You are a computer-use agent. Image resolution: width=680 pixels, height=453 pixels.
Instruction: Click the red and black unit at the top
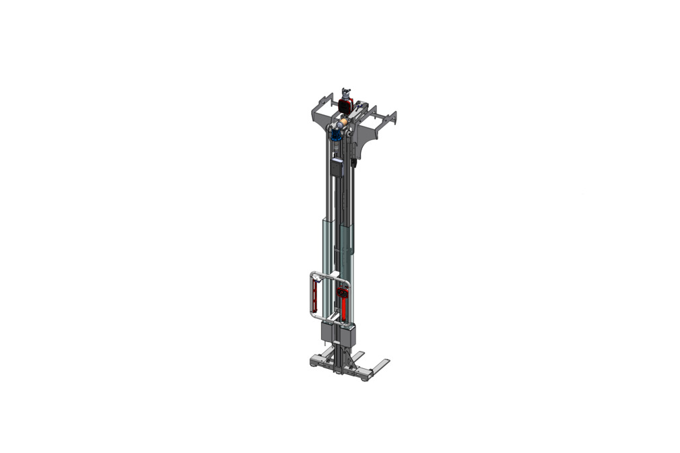[x=346, y=105]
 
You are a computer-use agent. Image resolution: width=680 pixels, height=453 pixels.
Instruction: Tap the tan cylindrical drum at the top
[x=344, y=121]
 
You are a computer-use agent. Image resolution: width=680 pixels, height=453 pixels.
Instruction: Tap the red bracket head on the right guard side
[x=343, y=293]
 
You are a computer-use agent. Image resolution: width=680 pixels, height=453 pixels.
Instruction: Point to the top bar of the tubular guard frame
[x=329, y=273]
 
